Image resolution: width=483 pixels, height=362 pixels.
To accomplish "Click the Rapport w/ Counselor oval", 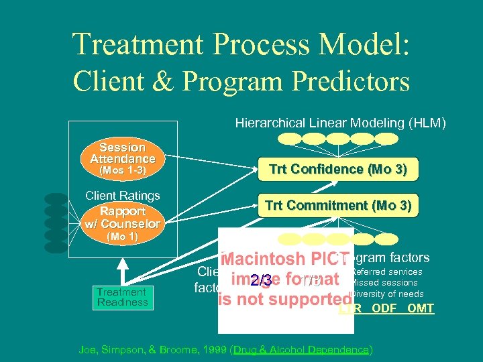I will pyautogui.click(x=122, y=217).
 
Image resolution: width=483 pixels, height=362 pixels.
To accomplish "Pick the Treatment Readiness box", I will pyautogui.click(x=122, y=297).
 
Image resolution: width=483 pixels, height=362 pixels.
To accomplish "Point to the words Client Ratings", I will pyautogui.click(x=122, y=196).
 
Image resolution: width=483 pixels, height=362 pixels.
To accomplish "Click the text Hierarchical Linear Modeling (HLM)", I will pyautogui.click(x=340, y=123).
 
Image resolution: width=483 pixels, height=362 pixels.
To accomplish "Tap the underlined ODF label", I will pyautogui.click(x=384, y=308).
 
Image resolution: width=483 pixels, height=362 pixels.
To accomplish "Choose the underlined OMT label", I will pyautogui.click(x=420, y=308).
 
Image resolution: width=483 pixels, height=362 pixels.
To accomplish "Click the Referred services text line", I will pyautogui.click(x=387, y=272).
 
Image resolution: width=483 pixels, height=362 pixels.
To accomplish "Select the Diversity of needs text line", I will pyautogui.click(x=387, y=294).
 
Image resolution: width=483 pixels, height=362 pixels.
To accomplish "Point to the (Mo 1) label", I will pyautogui.click(x=122, y=237).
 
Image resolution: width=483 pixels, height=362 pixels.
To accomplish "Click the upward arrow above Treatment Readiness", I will pyautogui.click(x=122, y=268).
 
